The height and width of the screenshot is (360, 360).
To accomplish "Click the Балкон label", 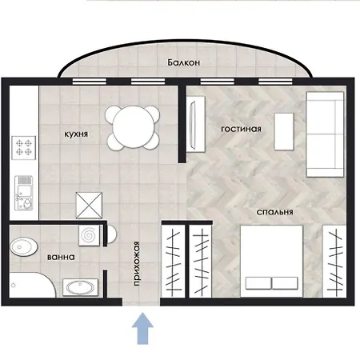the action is (184, 62).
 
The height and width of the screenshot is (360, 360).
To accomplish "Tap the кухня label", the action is (76, 134).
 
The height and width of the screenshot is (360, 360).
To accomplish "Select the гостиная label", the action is (241, 129).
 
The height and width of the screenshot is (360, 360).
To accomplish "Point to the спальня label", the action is (274, 212).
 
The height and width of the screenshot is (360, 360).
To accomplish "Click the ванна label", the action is (61, 257).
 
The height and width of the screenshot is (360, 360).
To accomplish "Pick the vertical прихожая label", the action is (137, 263).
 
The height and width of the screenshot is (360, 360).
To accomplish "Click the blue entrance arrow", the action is (143, 329).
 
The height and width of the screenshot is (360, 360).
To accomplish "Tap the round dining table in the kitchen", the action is (134, 127).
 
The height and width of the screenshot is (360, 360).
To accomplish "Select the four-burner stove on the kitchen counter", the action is (24, 147).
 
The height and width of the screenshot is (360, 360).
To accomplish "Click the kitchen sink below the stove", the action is (24, 193).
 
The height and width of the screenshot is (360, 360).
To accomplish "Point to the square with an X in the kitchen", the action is (89, 206).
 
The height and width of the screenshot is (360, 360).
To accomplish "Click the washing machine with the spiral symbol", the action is (89, 235).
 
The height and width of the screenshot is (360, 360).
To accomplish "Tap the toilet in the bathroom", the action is (23, 246).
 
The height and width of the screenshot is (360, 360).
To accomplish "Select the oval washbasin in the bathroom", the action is (80, 287).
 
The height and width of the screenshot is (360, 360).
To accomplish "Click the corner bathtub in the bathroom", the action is (32, 285).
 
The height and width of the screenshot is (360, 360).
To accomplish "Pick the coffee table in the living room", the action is (284, 131).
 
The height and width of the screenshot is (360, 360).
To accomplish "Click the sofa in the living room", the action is (325, 134).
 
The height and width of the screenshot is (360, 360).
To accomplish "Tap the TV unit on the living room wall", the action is (196, 124).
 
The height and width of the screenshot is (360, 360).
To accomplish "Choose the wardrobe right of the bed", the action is (334, 262).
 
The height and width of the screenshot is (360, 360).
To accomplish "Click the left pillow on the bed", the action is (258, 283).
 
